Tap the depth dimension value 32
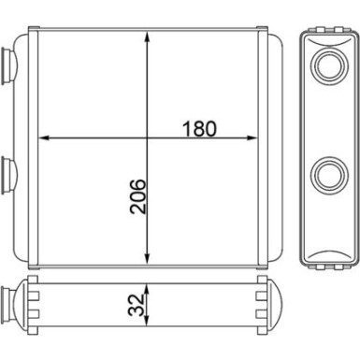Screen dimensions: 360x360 click(137, 305)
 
